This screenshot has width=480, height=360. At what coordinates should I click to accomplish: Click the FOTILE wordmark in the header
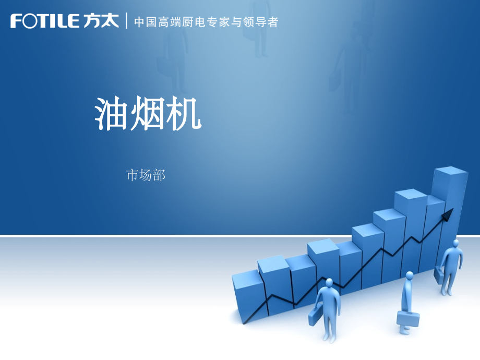[44, 21]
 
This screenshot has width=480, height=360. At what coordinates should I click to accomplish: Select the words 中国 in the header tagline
[146, 22]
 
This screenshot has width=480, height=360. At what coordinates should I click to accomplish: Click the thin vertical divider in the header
[127, 22]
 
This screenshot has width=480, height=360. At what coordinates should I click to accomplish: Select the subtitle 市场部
[146, 175]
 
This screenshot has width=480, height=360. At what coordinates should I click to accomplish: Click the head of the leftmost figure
[329, 283]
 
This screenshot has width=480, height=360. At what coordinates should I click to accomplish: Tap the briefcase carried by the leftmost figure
[315, 317]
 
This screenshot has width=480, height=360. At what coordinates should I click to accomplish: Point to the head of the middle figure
[409, 275]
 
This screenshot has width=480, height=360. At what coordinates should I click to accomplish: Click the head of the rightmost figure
[457, 244]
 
